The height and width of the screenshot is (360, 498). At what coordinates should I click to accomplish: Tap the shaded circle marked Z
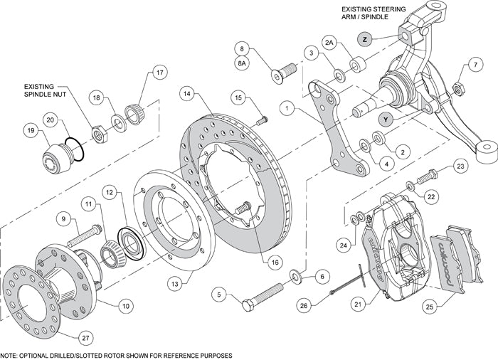365,39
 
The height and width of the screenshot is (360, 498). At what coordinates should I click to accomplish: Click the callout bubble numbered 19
30,131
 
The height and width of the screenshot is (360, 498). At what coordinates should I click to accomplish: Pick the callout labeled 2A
329,43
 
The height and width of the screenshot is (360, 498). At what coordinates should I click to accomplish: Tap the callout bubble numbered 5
220,292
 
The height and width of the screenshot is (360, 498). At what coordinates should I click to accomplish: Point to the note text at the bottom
117,354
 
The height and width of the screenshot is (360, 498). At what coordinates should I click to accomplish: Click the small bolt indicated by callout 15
260,118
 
